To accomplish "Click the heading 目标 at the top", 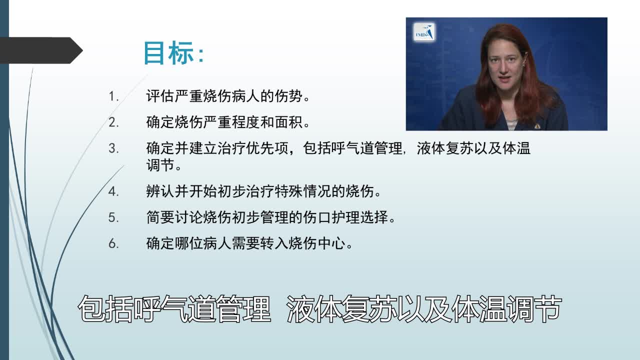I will click(173, 53).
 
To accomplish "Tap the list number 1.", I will click(113, 96).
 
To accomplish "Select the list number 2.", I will click(113, 122).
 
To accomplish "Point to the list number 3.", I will click(113, 148).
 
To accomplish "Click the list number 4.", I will click(113, 191).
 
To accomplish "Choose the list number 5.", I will click(113, 217).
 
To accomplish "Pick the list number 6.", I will click(113, 243).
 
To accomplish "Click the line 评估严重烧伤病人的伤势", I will click(227, 96).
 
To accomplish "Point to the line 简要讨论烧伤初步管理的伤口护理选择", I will click(270, 217).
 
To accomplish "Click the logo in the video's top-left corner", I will click(424, 32).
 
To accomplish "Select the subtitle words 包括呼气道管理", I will click(174, 310).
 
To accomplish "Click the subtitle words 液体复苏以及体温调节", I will click(424, 310).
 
